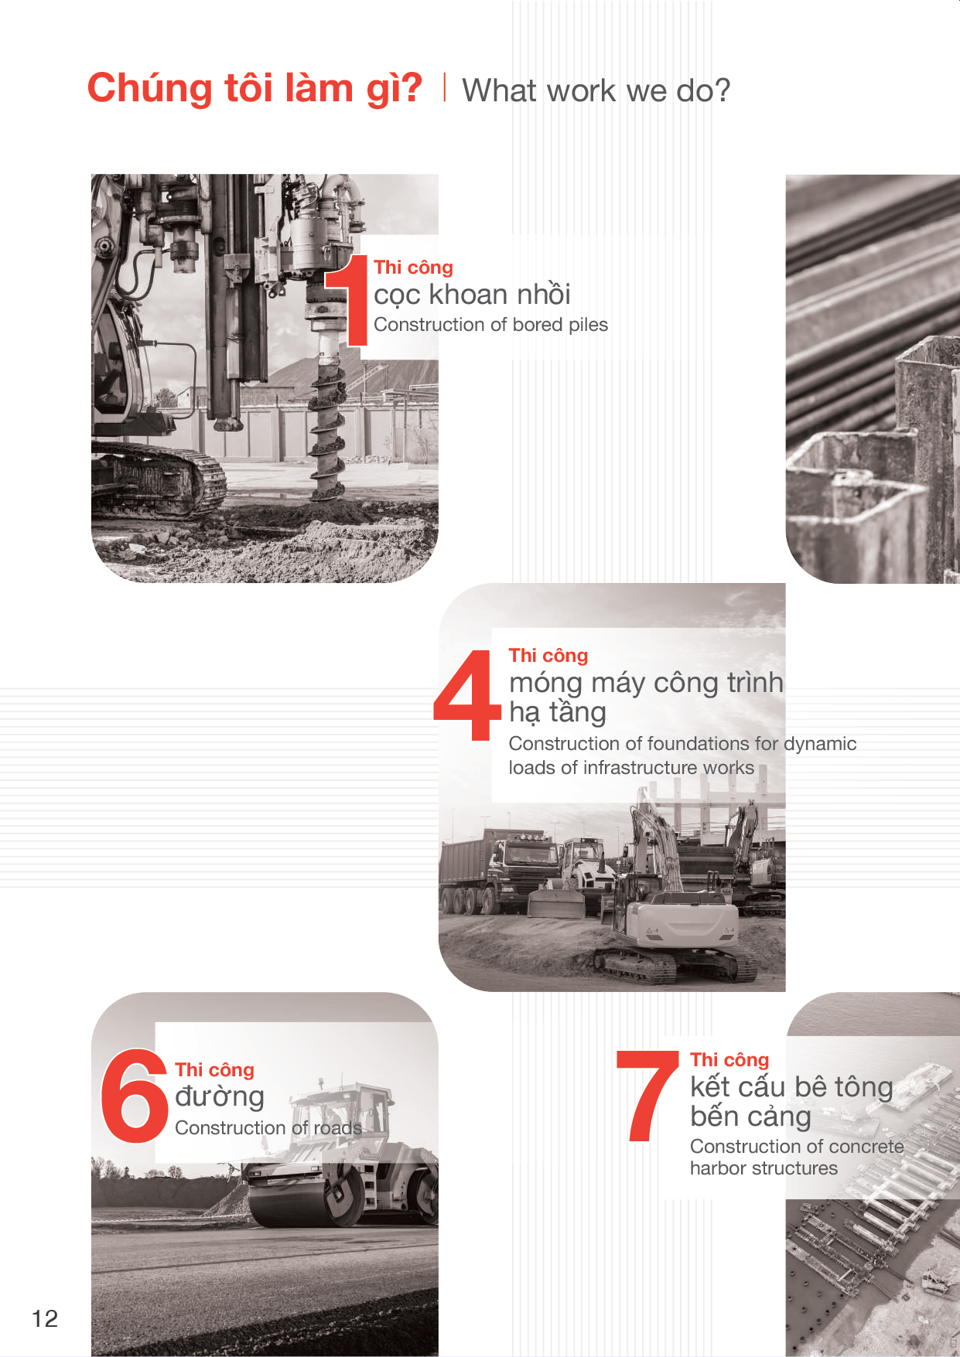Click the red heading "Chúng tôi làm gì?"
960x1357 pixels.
pyautogui.click(x=255, y=88)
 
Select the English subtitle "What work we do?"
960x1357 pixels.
pyautogui.click(x=596, y=90)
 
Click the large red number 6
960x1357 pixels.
pyautogui.click(x=135, y=1096)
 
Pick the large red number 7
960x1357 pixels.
pyautogui.click(x=647, y=1096)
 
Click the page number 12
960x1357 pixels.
pyautogui.click(x=45, y=1318)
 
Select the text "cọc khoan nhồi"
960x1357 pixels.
pyautogui.click(x=472, y=295)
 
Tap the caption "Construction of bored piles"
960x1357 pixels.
pyautogui.click(x=490, y=325)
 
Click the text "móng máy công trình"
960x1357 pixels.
pyautogui.click(x=646, y=683)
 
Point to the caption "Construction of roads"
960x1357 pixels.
pyautogui.click(x=268, y=1128)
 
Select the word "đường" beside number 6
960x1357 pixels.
pyautogui.click(x=220, y=1096)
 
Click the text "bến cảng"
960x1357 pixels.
pyautogui.click(x=750, y=1117)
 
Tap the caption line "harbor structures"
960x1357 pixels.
pyautogui.click(x=764, y=1168)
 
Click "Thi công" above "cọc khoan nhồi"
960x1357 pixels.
pyautogui.click(x=413, y=268)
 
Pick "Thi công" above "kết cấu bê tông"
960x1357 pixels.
pyautogui.click(x=729, y=1060)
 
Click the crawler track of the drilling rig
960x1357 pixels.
pyautogui.click(x=159, y=480)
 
